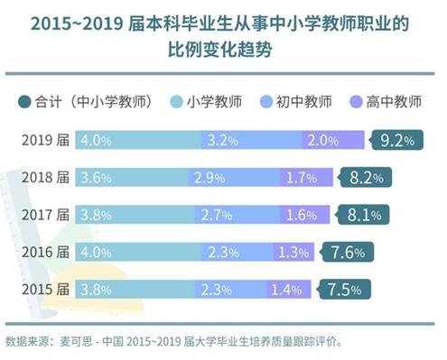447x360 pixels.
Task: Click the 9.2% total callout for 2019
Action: (396, 141)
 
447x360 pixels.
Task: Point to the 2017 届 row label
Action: (44, 215)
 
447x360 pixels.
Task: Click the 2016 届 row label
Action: (44, 253)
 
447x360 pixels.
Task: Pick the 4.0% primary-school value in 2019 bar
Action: (96, 141)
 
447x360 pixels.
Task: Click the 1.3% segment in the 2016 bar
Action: (289, 253)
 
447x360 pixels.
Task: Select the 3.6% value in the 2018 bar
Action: (96, 178)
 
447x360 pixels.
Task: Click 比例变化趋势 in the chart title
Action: (223, 50)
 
